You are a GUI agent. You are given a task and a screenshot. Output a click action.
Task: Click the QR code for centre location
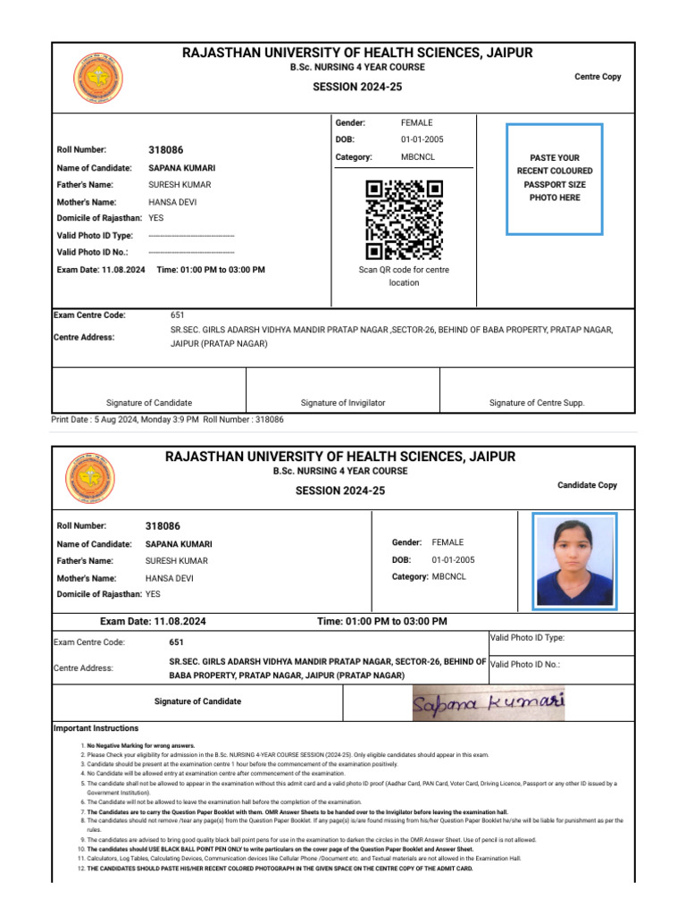tap(405, 219)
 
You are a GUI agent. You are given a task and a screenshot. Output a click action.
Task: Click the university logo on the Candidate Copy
tap(90, 478)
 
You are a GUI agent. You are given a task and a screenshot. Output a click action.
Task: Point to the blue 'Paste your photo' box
tap(555, 179)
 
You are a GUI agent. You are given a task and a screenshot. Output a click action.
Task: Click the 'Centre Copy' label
tap(598, 77)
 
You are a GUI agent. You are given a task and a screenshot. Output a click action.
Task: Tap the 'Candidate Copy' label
tap(587, 485)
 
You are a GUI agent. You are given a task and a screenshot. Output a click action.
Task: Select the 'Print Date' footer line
tap(168, 419)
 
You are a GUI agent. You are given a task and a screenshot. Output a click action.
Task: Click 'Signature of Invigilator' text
tap(343, 403)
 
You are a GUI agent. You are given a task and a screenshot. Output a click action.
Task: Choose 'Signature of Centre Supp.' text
tap(537, 403)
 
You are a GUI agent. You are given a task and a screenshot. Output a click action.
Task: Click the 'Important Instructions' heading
tap(96, 728)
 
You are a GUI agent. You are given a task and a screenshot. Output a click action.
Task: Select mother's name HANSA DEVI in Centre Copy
tap(172, 202)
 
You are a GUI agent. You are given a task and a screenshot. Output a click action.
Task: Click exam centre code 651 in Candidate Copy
tap(176, 642)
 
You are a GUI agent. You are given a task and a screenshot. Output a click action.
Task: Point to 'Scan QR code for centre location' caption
tap(404, 276)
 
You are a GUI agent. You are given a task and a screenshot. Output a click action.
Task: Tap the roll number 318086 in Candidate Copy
tap(163, 526)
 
